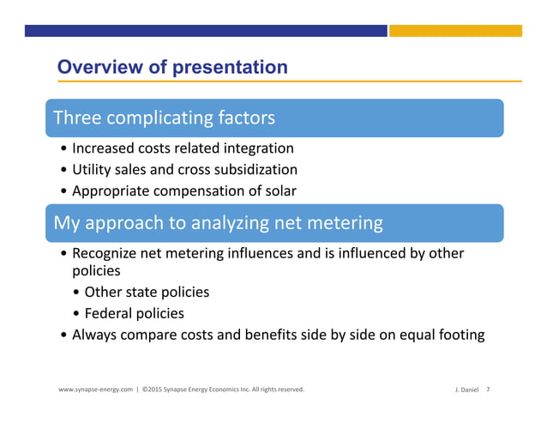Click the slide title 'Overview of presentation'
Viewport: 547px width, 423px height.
171,67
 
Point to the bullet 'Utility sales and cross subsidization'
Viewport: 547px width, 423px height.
184,170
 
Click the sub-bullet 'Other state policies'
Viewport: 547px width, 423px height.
147,292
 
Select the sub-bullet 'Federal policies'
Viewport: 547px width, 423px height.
135,313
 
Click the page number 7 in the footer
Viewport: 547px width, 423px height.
488,390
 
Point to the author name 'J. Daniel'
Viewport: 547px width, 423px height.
466,390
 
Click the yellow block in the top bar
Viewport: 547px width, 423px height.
455,31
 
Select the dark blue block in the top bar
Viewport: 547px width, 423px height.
206,31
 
